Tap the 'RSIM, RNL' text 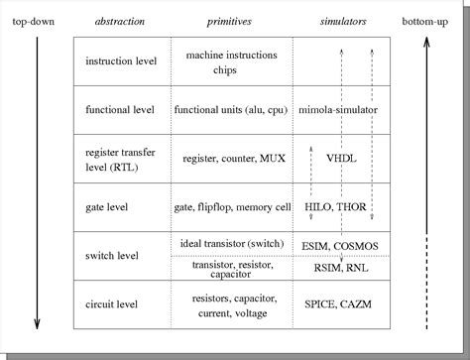340,267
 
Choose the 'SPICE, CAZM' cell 339,304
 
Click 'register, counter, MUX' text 231,158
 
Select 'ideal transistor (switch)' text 231,244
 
